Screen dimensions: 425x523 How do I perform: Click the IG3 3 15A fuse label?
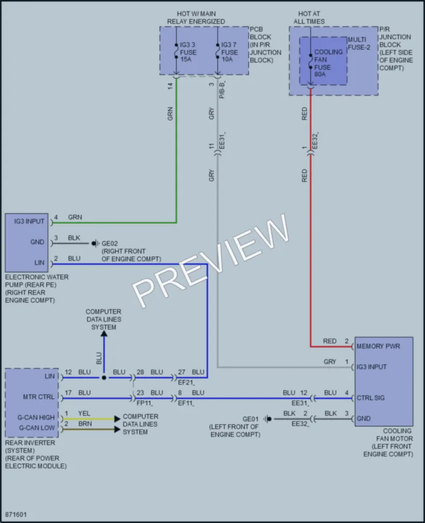tap(188, 52)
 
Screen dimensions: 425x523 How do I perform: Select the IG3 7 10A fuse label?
tap(229, 52)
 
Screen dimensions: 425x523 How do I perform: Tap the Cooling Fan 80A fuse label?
tap(328, 63)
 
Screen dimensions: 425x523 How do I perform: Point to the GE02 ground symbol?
tap(95, 244)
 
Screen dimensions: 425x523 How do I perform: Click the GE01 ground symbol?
tap(267, 419)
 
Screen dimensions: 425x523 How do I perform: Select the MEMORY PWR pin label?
tap(378, 346)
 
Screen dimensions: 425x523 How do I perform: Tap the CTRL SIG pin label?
tap(371, 398)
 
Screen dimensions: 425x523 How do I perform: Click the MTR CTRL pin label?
tap(38, 397)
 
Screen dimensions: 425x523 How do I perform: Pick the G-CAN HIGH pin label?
tap(36, 417)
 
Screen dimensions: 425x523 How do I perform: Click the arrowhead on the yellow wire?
tap(117, 419)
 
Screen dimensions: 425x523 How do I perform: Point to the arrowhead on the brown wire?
tap(117, 429)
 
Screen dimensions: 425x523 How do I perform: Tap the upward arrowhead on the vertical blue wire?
tap(104, 333)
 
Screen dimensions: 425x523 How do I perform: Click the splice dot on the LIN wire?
tap(104, 377)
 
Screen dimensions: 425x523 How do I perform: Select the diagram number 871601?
tap(15, 514)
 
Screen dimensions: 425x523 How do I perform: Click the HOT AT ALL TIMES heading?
tap(309, 18)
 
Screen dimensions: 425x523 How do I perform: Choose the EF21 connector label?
tap(186, 383)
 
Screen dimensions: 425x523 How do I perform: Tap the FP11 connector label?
tap(145, 403)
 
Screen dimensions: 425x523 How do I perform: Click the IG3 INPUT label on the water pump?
tap(29, 221)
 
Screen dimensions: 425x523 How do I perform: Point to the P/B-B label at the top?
tap(222, 90)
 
